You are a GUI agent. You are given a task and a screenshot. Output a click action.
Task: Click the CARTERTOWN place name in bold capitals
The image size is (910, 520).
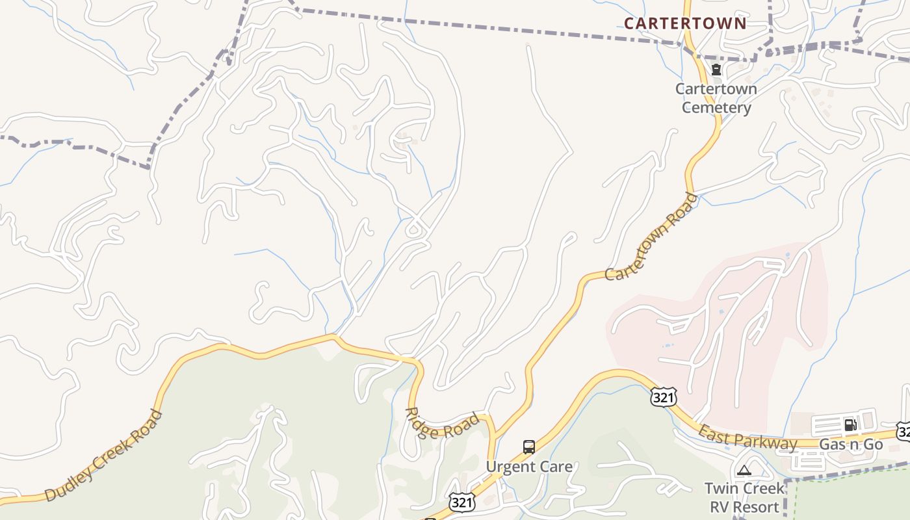(685, 23)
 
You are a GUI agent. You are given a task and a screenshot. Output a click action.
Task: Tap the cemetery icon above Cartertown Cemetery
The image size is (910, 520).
(716, 70)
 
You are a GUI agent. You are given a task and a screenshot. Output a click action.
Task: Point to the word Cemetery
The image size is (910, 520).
(716, 107)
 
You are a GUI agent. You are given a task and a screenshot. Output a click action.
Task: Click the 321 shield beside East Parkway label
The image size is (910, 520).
(662, 396)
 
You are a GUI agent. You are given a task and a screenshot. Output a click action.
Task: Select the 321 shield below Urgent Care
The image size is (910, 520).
(461, 501)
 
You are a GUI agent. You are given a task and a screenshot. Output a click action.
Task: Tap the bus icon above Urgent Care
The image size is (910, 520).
(529, 447)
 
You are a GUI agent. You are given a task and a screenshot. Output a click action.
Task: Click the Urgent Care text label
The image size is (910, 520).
(529, 467)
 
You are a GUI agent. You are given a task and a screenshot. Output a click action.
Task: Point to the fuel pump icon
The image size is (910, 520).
(850, 425)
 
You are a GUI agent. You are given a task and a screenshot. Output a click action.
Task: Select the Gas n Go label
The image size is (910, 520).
(851, 445)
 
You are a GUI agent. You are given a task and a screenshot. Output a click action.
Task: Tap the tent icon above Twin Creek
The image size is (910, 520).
(744, 470)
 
